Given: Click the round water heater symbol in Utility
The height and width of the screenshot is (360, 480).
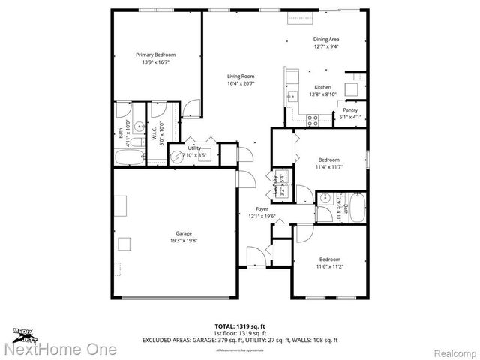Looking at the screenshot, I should (x=178, y=157).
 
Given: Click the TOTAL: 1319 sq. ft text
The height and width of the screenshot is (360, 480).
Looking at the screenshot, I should (x=239, y=325).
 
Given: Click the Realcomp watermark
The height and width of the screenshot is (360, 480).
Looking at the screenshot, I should (x=451, y=349).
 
